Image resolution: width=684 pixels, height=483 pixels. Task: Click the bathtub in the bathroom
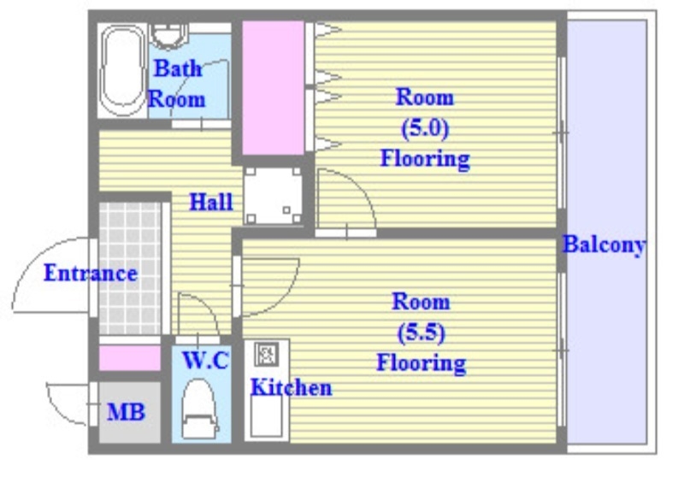point(122,70)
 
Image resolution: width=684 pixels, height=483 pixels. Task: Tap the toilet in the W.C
point(199,409)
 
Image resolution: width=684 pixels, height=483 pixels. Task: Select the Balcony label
point(604,245)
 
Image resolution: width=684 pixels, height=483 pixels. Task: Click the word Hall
point(211,202)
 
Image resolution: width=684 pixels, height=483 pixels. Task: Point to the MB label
point(126,412)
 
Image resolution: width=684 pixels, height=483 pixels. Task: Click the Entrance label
point(91,274)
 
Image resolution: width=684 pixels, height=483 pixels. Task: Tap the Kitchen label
point(291,387)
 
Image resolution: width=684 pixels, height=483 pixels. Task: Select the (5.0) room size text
point(424,128)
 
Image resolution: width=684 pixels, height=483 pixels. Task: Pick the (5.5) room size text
point(421,333)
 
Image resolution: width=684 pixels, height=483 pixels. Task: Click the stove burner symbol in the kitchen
point(266,354)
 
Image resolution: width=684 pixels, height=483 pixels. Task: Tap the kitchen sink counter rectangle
point(266,415)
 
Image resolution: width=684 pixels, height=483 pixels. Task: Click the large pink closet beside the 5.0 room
point(273,87)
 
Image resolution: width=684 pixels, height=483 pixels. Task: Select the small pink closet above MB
point(130,358)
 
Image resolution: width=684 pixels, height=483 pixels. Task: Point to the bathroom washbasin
point(169,36)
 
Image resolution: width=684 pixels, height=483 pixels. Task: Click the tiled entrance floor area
point(130,268)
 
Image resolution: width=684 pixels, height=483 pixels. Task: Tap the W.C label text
point(206,361)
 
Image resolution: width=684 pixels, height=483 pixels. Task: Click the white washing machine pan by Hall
point(273,195)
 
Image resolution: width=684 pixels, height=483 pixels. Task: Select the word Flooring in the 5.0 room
point(425,159)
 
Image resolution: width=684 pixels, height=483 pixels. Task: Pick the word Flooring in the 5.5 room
point(422,363)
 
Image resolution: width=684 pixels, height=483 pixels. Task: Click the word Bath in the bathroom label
point(179,68)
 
